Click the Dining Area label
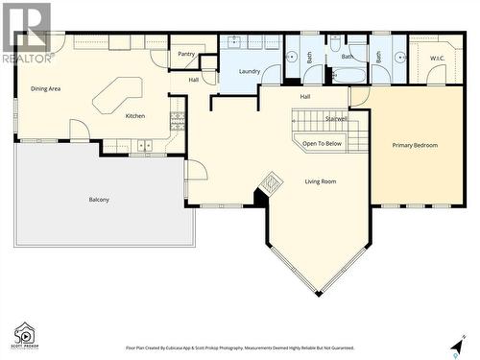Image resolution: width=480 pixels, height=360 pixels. [45, 89]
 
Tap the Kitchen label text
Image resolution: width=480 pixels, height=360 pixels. [135, 116]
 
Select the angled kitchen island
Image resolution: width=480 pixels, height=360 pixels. [117, 94]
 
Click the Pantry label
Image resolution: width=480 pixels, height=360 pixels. [186, 55]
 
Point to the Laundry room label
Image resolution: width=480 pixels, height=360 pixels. [251, 71]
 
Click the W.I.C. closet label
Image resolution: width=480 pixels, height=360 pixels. [438, 58]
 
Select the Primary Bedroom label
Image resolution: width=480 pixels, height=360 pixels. [415, 145]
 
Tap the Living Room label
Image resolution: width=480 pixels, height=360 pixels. [321, 180]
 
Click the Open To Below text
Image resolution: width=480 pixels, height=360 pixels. [322, 143]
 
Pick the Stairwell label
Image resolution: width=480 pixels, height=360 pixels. [336, 119]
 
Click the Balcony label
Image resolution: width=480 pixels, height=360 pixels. [99, 200]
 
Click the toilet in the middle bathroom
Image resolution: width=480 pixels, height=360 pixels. [336, 43]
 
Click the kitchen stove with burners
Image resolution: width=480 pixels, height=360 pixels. [177, 120]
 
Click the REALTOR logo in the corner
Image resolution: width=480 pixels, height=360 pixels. [26, 33]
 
